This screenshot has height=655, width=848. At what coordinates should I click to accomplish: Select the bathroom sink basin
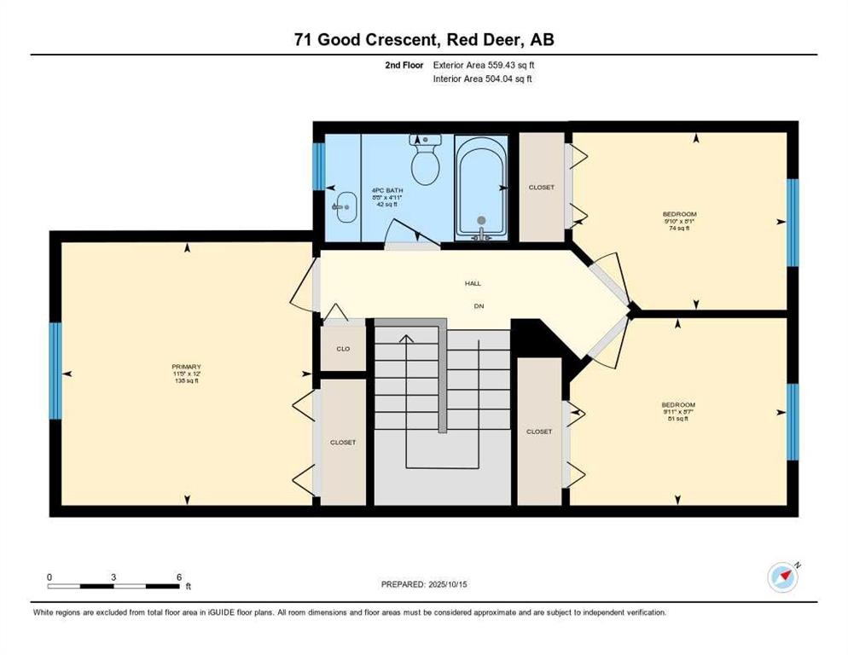coord(346,206)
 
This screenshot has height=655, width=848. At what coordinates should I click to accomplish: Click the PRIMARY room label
coord(185,367)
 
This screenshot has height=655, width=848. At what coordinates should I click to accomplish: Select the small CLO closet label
coord(343,349)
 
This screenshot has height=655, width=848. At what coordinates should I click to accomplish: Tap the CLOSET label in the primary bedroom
coord(343,443)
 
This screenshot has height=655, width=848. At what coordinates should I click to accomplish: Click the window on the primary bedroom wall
coord(55,370)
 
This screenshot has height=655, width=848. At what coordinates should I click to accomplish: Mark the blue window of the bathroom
coord(318,167)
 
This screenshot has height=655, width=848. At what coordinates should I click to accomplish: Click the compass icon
coord(782,577)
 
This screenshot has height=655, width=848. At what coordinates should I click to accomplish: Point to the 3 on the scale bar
coord(113,577)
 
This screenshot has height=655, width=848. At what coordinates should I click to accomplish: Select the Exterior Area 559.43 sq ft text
coord(484,65)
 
